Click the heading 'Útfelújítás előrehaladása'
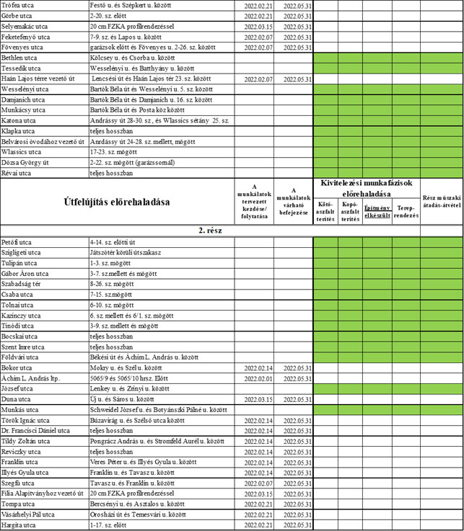tap(118, 202)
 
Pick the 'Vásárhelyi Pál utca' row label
tap(29, 514)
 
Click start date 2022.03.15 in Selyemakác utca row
tap(254, 26)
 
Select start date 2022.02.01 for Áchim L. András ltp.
tap(254, 378)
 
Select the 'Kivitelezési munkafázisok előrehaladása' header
tap(367, 189)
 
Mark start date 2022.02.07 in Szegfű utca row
tap(254, 483)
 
